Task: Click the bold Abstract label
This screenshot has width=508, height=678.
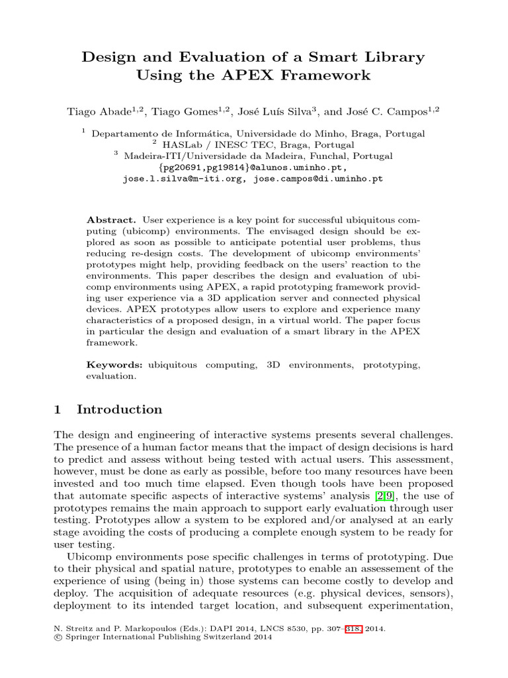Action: pos(111,219)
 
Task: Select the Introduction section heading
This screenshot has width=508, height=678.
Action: pos(119,410)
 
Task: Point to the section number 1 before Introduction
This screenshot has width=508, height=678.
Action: pos(58,410)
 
